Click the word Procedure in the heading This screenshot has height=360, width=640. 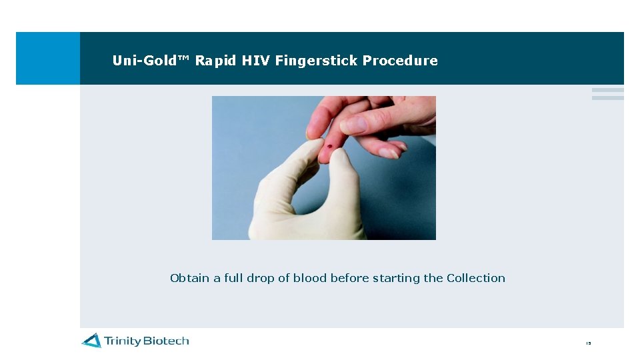(x=400, y=61)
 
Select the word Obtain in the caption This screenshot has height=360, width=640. (x=190, y=278)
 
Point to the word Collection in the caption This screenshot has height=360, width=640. (x=476, y=278)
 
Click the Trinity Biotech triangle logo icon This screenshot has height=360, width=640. (x=91, y=341)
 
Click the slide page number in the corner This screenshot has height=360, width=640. (x=588, y=343)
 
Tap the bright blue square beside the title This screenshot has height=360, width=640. (x=47, y=58)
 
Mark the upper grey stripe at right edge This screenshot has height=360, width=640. (x=607, y=90)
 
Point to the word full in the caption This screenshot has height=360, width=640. (x=233, y=278)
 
